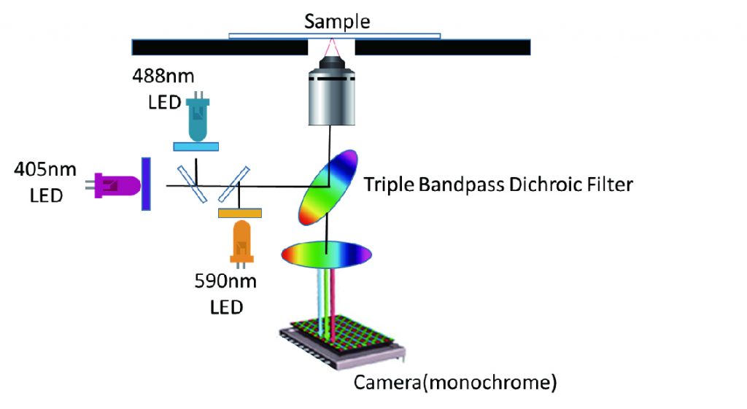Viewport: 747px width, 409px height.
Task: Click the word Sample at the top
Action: tap(337, 22)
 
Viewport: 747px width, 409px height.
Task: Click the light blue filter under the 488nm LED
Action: tap(196, 147)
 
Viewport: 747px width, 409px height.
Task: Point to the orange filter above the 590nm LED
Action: tap(239, 213)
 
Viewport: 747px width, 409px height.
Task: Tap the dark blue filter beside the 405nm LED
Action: tap(146, 184)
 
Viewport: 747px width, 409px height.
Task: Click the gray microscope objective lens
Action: tap(332, 91)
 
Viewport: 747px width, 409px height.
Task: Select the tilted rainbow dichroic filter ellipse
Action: tap(328, 187)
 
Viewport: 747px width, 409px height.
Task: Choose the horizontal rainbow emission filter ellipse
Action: tap(326, 254)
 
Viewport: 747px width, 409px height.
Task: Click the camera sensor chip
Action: tap(341, 341)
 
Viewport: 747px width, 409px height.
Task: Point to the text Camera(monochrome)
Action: tap(455, 382)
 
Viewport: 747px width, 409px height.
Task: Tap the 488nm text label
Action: tap(163, 76)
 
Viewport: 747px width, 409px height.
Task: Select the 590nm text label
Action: tap(225, 281)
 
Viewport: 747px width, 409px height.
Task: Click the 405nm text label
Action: tap(45, 169)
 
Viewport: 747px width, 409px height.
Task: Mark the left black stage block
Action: tap(220, 47)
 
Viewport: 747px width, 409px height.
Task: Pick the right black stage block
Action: tap(443, 47)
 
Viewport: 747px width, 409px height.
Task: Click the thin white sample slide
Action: tap(334, 36)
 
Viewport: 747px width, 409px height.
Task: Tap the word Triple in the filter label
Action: tap(389, 185)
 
